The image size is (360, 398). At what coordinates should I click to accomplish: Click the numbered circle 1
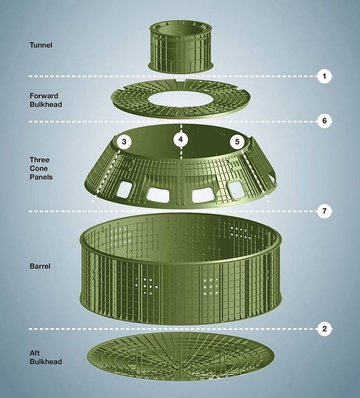pyautogui.click(x=324, y=76)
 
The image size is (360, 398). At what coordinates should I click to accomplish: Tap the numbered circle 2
pyautogui.click(x=324, y=329)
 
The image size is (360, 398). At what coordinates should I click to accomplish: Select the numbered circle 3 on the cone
pyautogui.click(x=124, y=141)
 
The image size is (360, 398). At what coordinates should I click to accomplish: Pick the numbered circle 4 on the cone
pyautogui.click(x=181, y=139)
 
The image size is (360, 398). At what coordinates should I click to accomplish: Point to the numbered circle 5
pyautogui.click(x=237, y=141)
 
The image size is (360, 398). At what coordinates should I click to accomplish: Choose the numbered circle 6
pyautogui.click(x=324, y=120)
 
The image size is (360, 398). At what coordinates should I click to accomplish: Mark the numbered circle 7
pyautogui.click(x=324, y=211)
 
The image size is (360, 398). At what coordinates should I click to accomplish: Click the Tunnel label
pyautogui.click(x=41, y=45)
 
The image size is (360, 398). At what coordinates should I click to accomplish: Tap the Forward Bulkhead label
pyautogui.click(x=46, y=100)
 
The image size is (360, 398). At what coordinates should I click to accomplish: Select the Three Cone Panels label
pyautogui.click(x=41, y=168)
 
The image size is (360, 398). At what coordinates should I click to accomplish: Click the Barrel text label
pyautogui.click(x=40, y=266)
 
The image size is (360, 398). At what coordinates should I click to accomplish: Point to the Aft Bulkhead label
pyautogui.click(x=46, y=357)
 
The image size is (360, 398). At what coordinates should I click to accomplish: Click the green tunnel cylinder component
pyautogui.click(x=180, y=47)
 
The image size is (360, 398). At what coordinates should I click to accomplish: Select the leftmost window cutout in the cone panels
pyautogui.click(x=125, y=190)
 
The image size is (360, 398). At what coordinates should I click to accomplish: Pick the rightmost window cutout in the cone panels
pyautogui.click(x=237, y=190)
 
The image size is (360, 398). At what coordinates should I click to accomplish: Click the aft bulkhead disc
pyautogui.click(x=181, y=357)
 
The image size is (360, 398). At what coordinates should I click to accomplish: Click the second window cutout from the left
pyautogui.click(x=158, y=195)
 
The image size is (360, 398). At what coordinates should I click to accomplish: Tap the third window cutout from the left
pyautogui.click(x=203, y=195)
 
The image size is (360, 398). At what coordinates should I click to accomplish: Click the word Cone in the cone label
pyautogui.click(x=39, y=168)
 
